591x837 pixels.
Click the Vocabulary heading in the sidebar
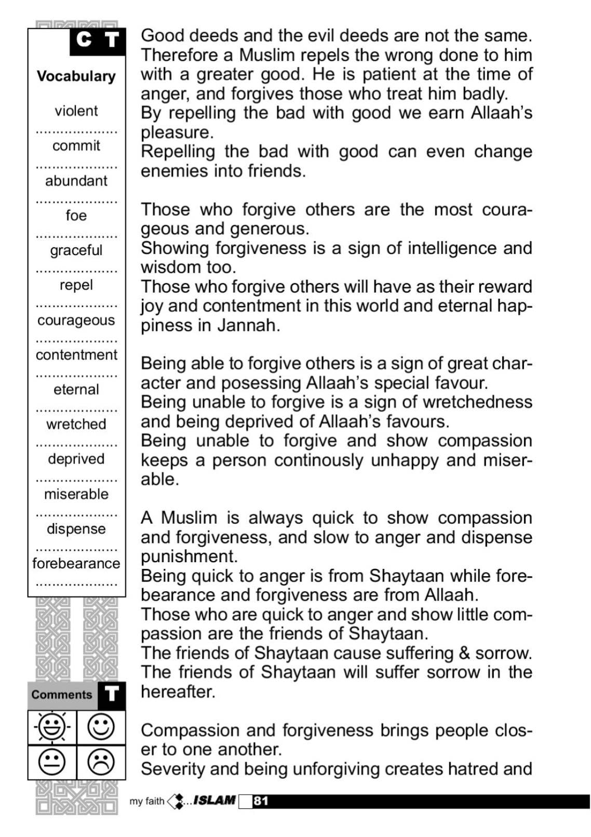76,76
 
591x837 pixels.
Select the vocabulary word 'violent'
76,111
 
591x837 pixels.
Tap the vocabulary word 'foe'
76,215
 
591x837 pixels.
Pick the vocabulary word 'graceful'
76,250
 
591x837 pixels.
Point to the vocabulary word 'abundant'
76,181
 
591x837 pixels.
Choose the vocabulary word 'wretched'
76,424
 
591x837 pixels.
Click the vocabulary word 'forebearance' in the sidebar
76,563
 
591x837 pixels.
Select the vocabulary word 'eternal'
76,389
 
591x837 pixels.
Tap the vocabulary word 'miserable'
76,494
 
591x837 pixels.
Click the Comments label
61,695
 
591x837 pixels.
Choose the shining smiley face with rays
51,727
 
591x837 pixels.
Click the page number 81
261,801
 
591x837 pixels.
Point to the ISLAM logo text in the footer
214,800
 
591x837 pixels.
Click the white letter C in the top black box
84,39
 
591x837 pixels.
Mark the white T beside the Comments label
112,695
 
